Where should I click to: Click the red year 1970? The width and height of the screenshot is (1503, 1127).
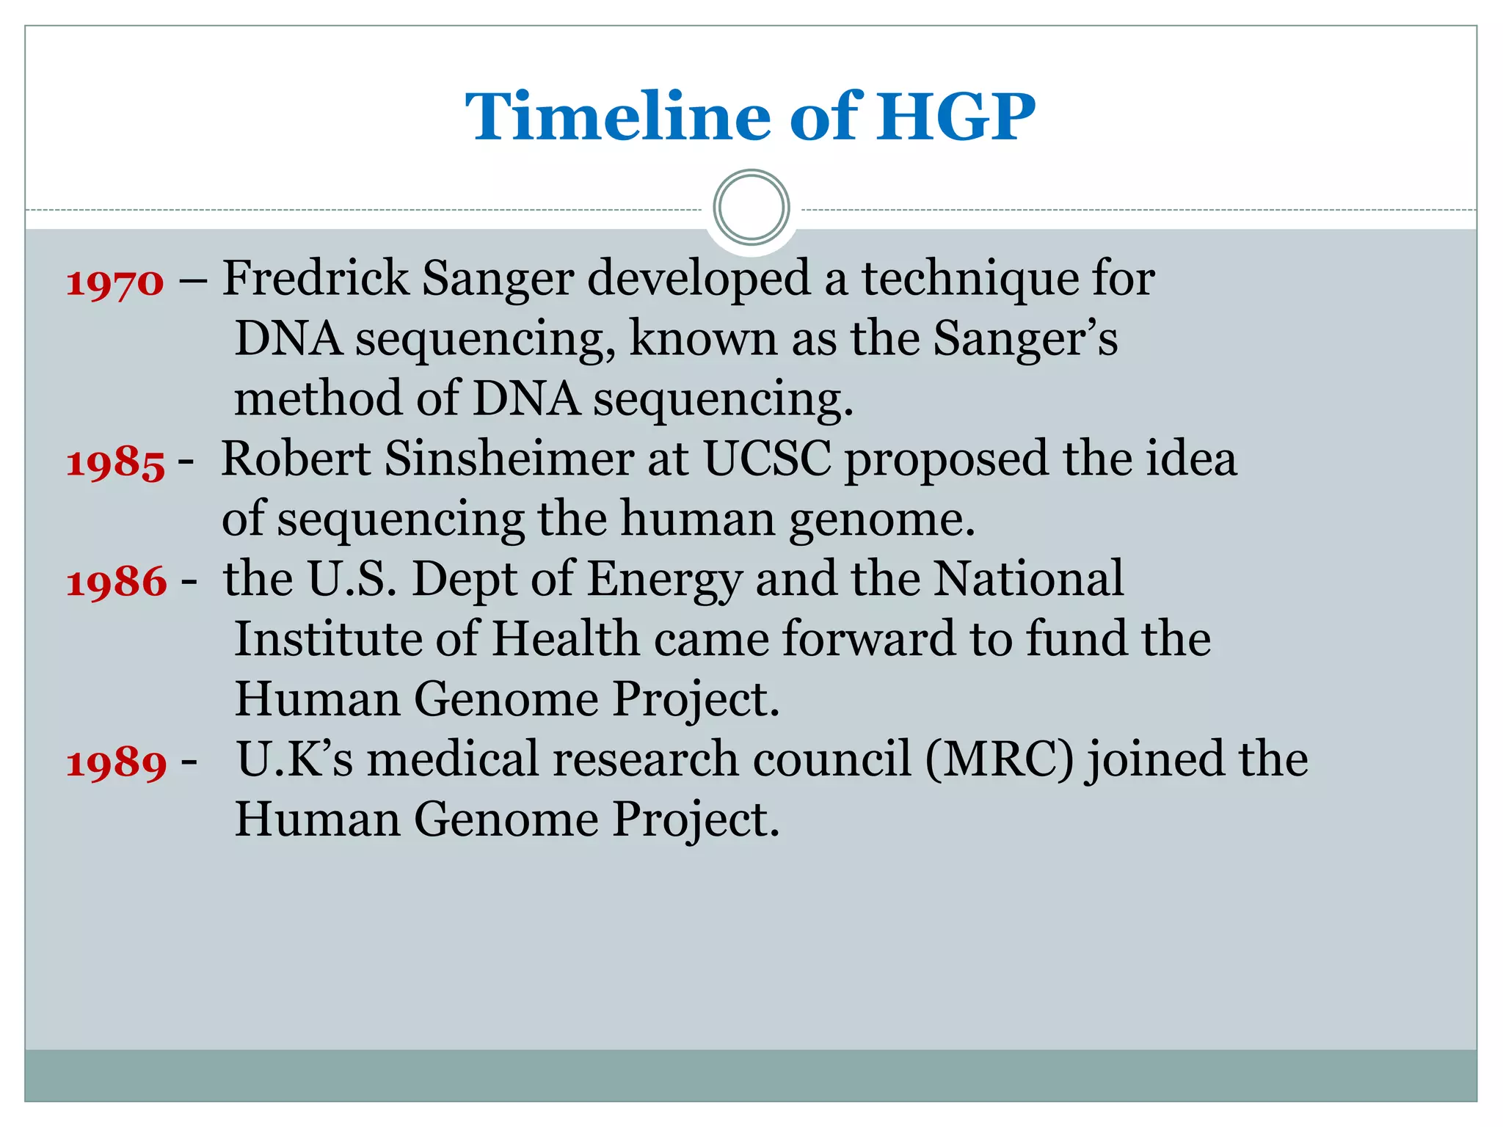click(x=115, y=282)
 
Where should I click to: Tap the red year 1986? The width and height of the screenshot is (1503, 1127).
click(x=117, y=583)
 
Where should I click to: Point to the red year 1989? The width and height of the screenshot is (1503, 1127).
click(x=117, y=763)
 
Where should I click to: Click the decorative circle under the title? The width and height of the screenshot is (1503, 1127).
click(x=751, y=208)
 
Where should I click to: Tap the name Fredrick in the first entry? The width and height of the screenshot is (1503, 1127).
click(x=316, y=279)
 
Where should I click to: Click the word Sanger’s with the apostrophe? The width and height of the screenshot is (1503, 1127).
click(x=1025, y=340)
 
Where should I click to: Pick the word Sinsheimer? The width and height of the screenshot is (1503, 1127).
click(x=508, y=459)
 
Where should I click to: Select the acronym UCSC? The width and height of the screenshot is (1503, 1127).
click(x=767, y=459)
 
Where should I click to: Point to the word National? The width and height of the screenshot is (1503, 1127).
click(x=1028, y=579)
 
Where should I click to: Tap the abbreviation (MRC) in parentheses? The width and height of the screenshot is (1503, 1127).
click(x=999, y=759)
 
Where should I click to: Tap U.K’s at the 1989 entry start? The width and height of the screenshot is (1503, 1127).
click(x=294, y=759)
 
